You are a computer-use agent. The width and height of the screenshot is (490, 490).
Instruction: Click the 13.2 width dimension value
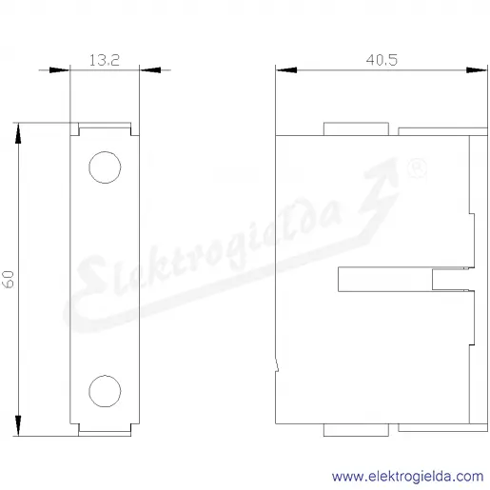[105, 60]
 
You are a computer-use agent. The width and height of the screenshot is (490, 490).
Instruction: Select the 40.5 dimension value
[382, 60]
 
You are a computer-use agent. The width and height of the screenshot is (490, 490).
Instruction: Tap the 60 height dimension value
[9, 279]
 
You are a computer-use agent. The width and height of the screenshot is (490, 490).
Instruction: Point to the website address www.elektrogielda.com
[408, 477]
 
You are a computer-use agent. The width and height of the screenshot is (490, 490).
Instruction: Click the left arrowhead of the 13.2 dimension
[59, 70]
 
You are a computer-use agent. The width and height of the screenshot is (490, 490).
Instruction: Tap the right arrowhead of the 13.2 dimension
[150, 70]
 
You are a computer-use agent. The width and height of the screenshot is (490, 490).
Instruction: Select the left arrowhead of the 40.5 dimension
[286, 70]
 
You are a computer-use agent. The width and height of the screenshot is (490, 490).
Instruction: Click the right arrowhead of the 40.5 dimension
[477, 70]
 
